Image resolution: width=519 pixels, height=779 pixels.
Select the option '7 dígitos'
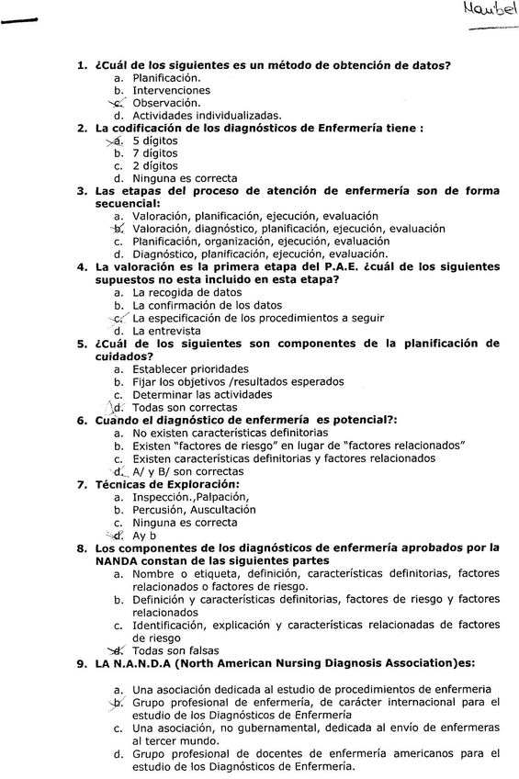click(155, 153)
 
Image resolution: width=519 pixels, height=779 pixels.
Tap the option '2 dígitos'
click(155, 166)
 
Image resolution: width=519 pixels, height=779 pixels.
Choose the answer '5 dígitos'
click(155, 141)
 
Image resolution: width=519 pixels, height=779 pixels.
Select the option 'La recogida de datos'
click(187, 292)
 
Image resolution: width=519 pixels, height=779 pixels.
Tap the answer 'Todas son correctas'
click(185, 407)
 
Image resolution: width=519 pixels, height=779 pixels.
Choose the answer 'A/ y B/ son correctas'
click(187, 471)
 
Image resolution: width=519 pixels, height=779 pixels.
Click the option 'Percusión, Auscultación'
click(194, 509)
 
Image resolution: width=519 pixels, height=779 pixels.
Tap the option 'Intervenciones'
click(171, 90)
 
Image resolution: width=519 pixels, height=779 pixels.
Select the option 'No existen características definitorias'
click(230, 432)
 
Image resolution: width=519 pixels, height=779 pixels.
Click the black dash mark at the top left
click(17, 21)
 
